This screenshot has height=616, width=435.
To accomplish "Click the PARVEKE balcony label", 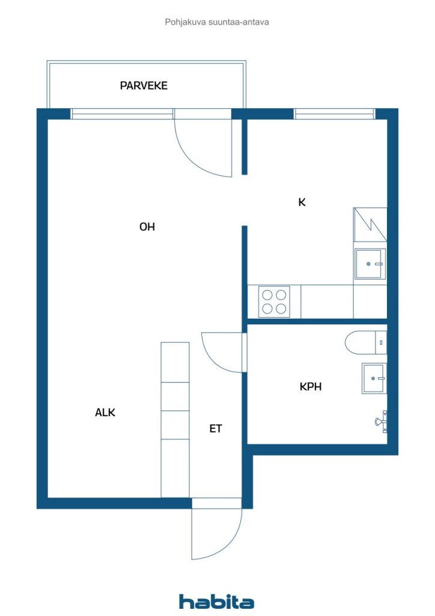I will [x=144, y=85].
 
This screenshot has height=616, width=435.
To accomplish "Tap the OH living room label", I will [x=147, y=227].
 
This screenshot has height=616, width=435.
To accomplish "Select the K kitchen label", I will [x=302, y=202].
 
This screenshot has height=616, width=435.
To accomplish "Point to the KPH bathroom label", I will [x=311, y=387].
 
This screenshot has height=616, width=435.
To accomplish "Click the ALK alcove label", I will [x=105, y=413].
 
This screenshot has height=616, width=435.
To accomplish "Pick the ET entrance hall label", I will [x=216, y=429].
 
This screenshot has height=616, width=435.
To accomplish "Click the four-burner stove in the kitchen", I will [x=274, y=301].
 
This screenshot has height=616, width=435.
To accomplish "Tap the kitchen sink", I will [x=370, y=264].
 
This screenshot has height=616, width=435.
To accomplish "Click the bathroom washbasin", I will [x=374, y=378].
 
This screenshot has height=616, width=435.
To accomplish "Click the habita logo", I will [x=216, y=601].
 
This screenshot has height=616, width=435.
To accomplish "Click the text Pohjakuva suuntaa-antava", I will [x=217, y=22].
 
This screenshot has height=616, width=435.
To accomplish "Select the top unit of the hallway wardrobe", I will [x=175, y=362].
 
